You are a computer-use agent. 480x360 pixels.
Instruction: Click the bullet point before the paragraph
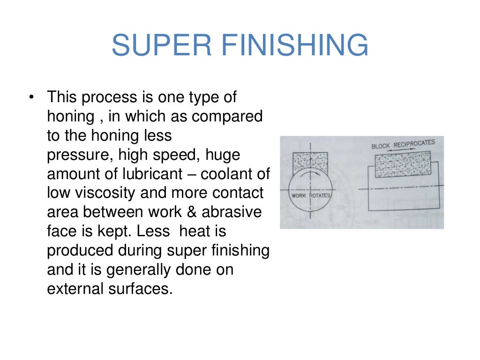(x=31, y=98)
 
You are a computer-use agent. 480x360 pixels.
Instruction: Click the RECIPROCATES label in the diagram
(x=414, y=143)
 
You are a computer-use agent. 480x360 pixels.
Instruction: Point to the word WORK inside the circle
(x=299, y=195)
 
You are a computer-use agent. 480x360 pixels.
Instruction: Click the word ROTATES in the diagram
(x=319, y=195)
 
